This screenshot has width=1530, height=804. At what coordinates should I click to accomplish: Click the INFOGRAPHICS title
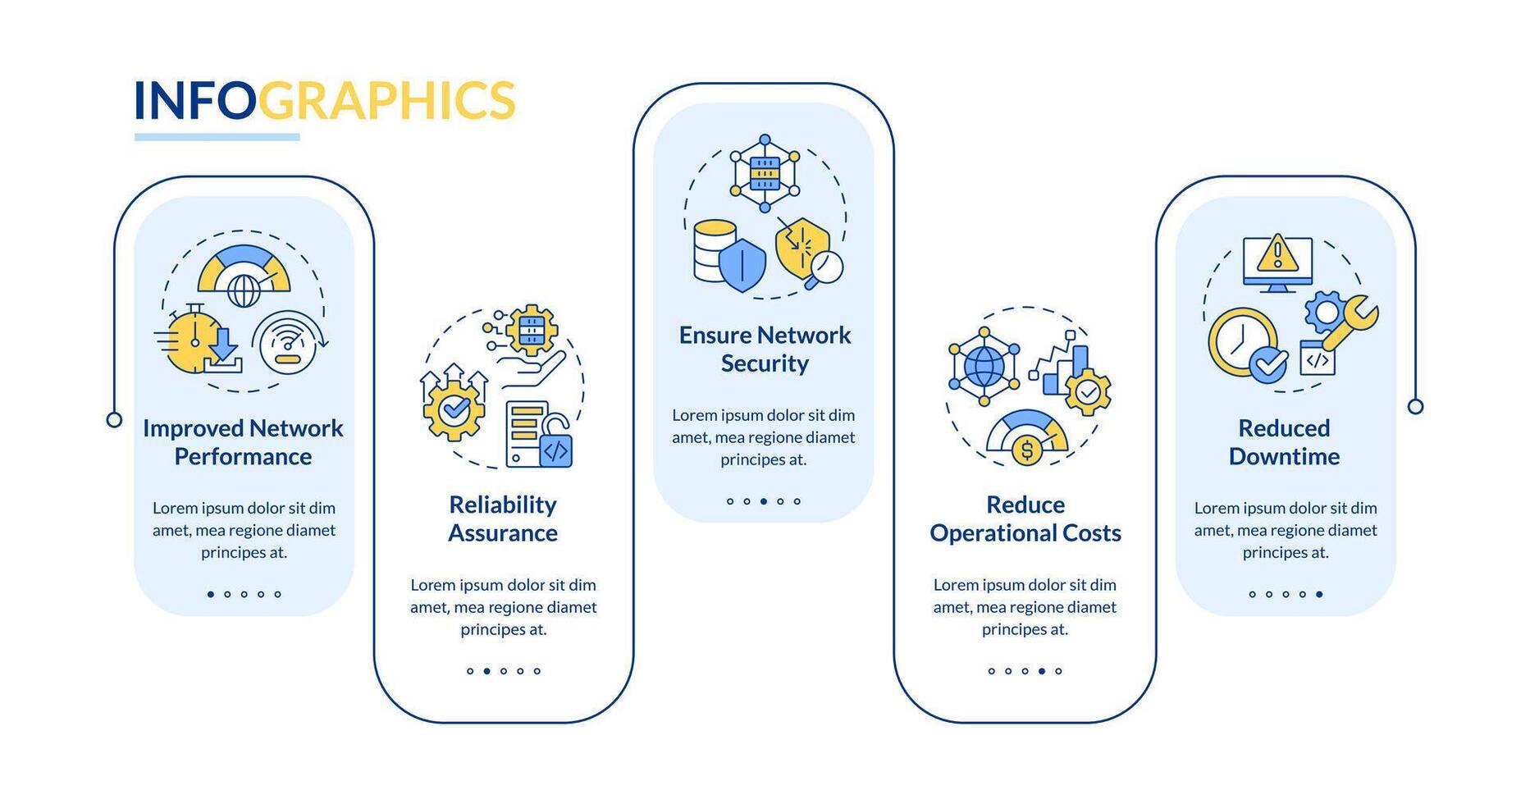click(x=324, y=101)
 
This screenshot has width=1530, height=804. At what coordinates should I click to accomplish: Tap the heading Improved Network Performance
click(x=244, y=442)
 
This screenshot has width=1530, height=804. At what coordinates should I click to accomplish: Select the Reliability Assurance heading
click(x=503, y=518)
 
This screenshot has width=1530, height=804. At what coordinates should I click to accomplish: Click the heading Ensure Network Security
click(x=765, y=349)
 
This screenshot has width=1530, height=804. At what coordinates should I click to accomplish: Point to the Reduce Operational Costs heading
click(x=1025, y=518)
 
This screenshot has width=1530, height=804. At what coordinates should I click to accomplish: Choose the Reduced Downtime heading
click(x=1284, y=442)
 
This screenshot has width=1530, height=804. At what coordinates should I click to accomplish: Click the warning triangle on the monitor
click(x=1277, y=253)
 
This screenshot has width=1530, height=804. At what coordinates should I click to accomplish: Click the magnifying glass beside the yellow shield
click(x=824, y=269)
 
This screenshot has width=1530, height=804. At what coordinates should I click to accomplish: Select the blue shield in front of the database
click(x=742, y=264)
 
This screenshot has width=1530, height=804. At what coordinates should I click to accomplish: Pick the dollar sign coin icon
click(x=1027, y=450)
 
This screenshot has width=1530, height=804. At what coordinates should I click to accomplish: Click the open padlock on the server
click(x=555, y=442)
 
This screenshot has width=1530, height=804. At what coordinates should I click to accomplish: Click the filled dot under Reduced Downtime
click(x=1319, y=594)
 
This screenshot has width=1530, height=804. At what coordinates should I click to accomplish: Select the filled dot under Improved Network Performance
click(x=211, y=594)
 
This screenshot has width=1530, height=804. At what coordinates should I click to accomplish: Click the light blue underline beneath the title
click(x=217, y=137)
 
